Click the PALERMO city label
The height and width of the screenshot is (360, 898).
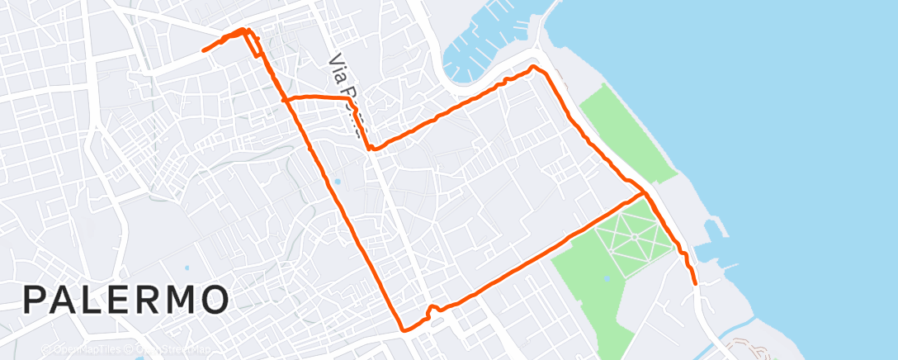(125, 299)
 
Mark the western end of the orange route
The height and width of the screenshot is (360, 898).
(204, 50)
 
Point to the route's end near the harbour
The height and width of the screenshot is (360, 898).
(696, 283)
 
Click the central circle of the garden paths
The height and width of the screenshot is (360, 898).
(634, 236)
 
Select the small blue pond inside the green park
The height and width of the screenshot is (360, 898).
(607, 279)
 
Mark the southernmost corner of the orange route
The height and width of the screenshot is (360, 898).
(404, 329)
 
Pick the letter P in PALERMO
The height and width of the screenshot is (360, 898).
(35, 299)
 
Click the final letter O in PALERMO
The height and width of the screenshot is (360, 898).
(213, 299)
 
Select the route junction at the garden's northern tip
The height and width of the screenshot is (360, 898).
(643, 194)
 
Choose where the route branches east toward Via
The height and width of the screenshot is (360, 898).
(285, 100)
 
